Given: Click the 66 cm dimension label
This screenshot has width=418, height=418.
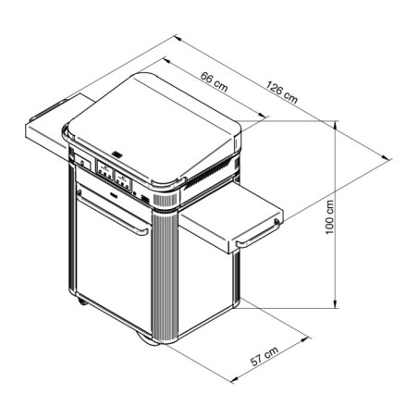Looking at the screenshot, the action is [x=214, y=81].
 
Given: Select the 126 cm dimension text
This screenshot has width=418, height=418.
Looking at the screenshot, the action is [x=282, y=92].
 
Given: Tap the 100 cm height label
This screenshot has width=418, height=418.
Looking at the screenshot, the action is [x=329, y=217].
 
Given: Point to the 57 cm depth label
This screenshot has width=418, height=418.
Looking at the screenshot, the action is [x=264, y=356].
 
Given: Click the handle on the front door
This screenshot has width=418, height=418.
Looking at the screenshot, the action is [x=114, y=215].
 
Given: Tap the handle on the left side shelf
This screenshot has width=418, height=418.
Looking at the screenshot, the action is [x=50, y=109].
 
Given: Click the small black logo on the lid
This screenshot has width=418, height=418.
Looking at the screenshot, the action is [x=117, y=154].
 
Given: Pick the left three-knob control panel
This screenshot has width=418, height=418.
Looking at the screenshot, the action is [x=104, y=170].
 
